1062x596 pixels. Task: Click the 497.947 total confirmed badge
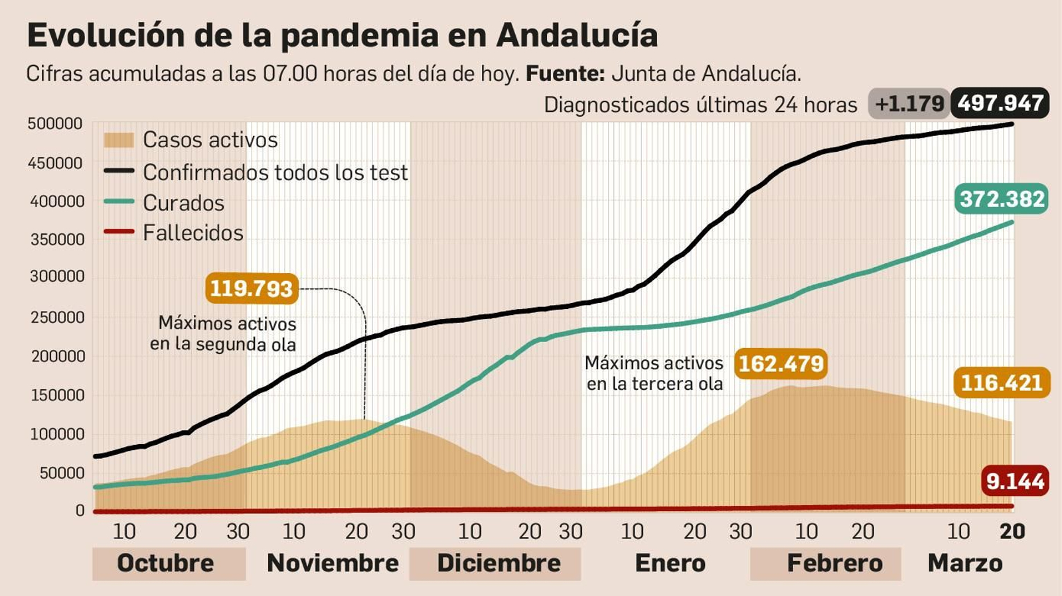(x=1000, y=103)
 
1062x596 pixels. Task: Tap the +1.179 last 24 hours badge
(x=909, y=104)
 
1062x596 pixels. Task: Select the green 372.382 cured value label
(x=1002, y=199)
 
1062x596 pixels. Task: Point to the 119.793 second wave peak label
(x=252, y=289)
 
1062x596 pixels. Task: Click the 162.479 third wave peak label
(x=781, y=364)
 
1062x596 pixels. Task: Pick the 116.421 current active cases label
(x=1002, y=383)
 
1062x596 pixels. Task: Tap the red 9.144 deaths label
(x=1015, y=481)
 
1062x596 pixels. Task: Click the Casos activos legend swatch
(x=119, y=140)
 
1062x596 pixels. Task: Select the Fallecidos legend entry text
(x=193, y=233)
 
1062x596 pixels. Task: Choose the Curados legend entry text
(x=184, y=203)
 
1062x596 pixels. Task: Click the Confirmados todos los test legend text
(x=275, y=172)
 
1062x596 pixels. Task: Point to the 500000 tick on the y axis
(x=55, y=124)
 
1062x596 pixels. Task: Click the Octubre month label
(x=166, y=563)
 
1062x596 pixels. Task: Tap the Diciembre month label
(x=498, y=563)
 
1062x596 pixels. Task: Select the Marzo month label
(x=965, y=563)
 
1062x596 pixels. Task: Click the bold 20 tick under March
(x=1012, y=531)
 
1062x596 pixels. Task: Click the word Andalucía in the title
(x=577, y=35)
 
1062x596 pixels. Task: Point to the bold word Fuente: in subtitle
(x=565, y=74)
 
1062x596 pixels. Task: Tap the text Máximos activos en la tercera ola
(x=654, y=373)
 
